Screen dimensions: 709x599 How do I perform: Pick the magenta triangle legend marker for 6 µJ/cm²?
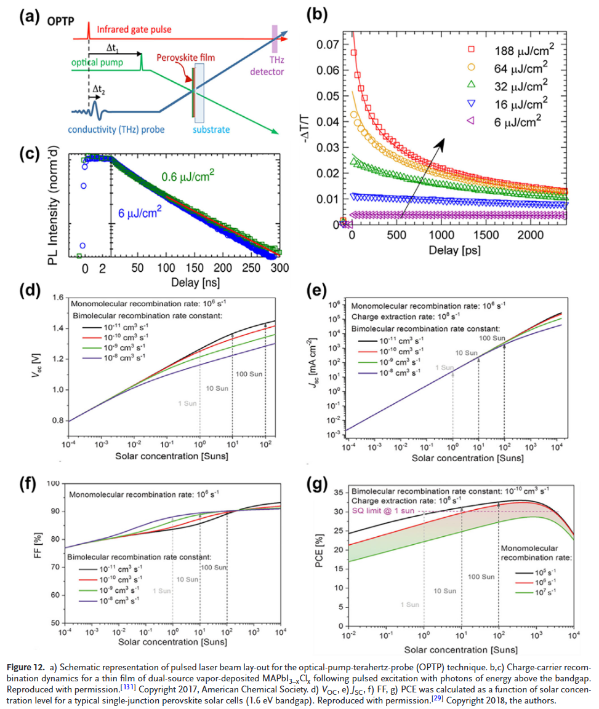(x=454, y=121)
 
